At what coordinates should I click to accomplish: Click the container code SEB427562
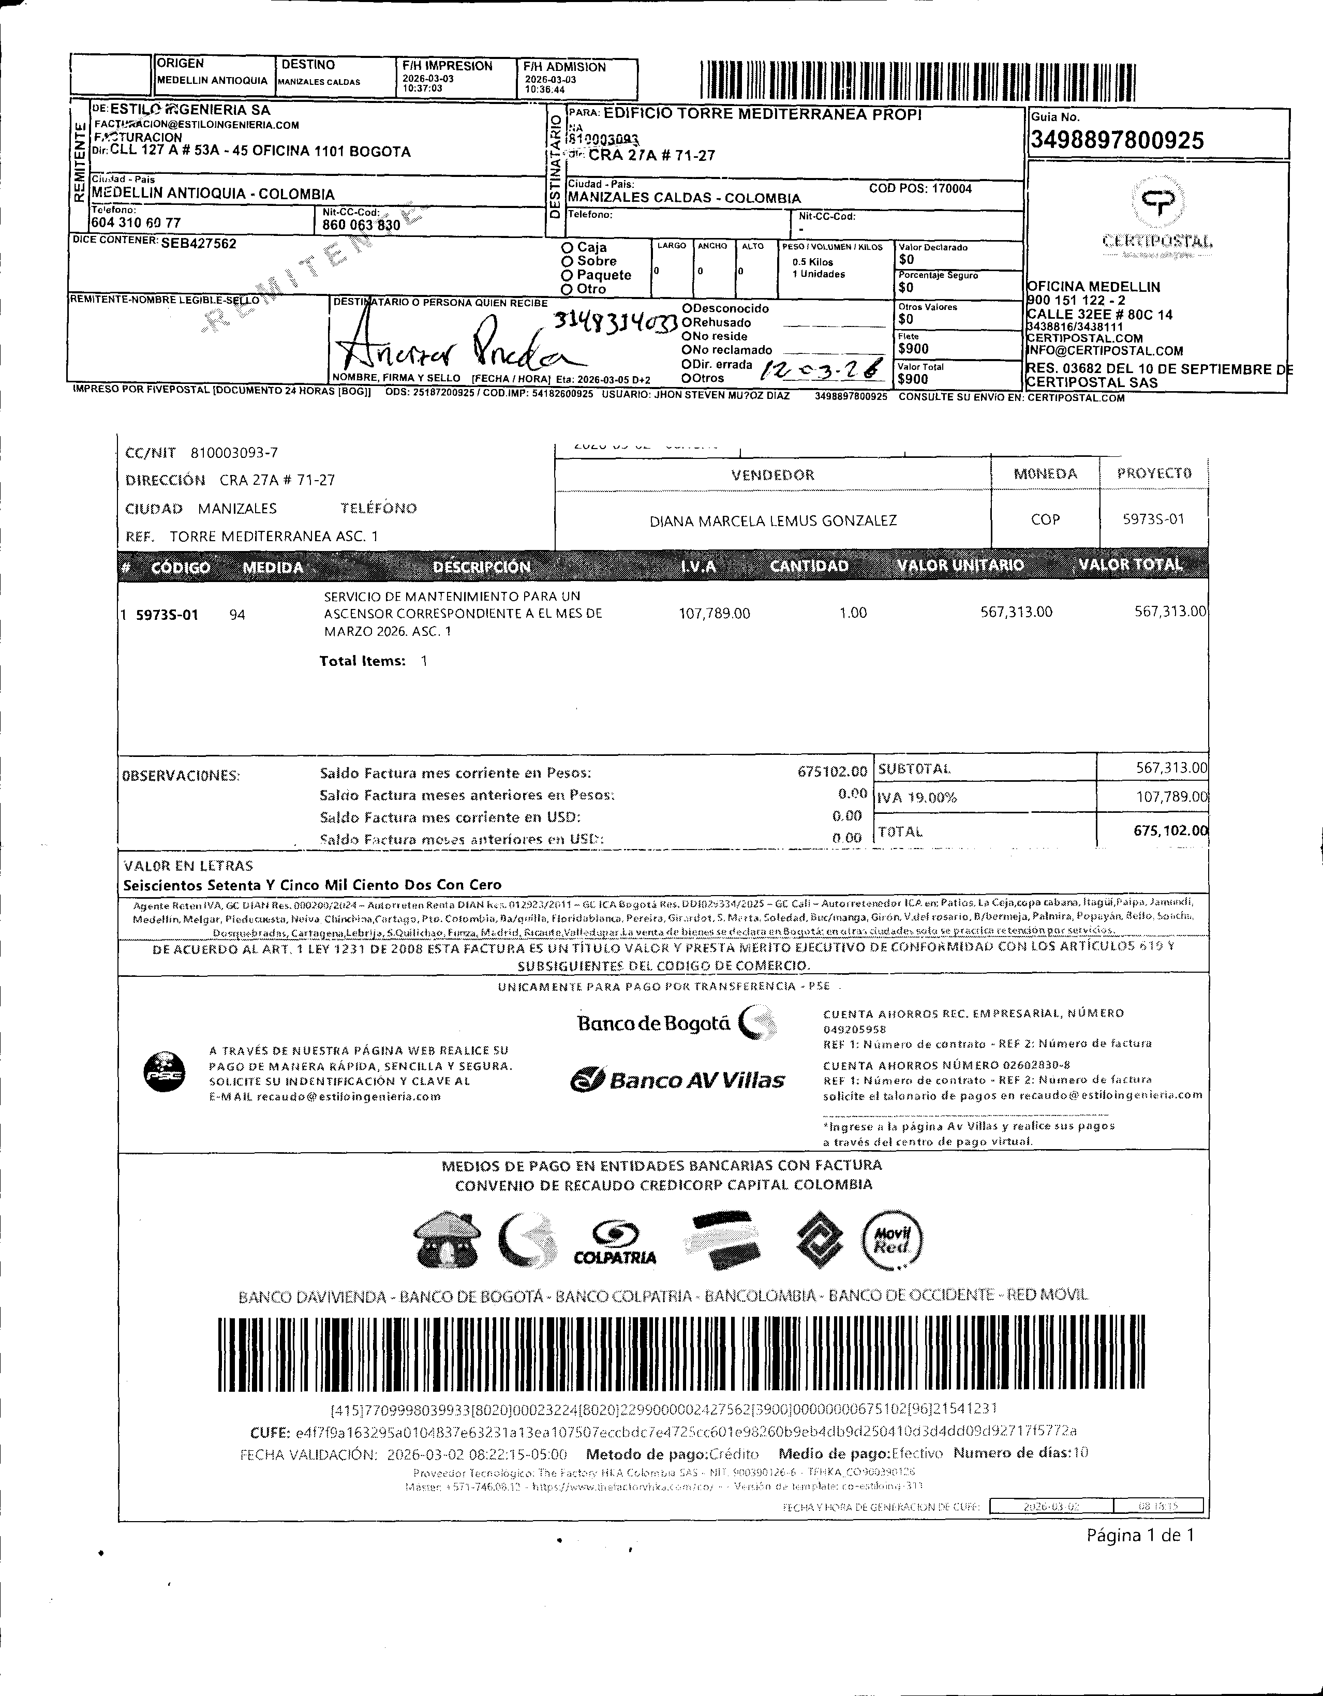(x=198, y=243)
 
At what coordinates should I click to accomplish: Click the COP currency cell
(x=1045, y=519)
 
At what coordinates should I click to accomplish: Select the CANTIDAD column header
(x=809, y=566)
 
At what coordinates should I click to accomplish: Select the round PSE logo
(x=165, y=1073)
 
